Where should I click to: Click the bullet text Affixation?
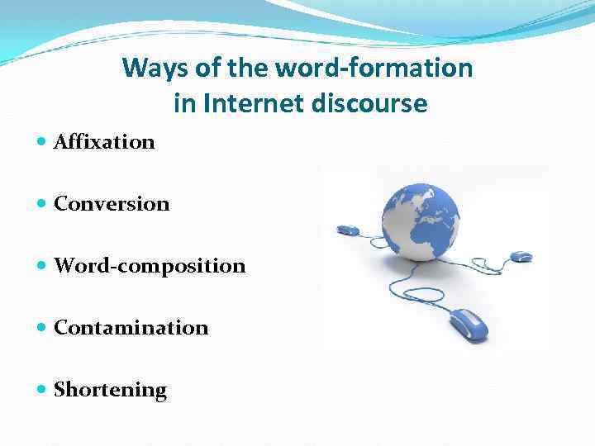point(104,142)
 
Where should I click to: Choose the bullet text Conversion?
point(112,204)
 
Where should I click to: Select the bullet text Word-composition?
point(150,266)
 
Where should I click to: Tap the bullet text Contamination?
point(131,328)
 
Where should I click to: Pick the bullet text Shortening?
point(110,390)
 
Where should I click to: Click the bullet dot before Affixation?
point(43,142)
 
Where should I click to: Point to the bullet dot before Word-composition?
point(43,266)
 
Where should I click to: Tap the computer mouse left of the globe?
point(347,230)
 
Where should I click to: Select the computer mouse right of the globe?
point(521,256)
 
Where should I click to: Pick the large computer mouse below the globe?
point(469,323)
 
